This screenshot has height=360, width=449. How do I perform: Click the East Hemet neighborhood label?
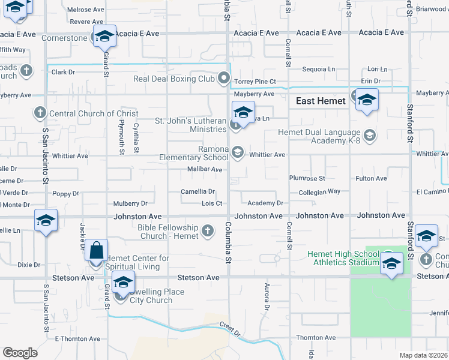click(321, 101)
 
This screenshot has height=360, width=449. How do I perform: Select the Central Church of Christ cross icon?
click(40, 113)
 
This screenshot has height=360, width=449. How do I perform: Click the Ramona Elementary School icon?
click(237, 153)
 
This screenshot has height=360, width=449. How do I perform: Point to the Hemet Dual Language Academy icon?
click(369, 136)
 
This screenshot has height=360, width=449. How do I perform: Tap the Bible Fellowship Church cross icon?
click(207, 231)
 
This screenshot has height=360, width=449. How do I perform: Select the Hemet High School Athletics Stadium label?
click(343, 258)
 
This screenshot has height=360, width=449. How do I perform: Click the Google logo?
click(20, 352)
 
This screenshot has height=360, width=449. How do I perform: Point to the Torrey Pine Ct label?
click(256, 81)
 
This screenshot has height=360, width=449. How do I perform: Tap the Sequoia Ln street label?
click(319, 69)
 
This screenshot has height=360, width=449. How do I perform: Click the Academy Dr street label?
click(265, 203)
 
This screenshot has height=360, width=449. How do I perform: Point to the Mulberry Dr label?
click(130, 203)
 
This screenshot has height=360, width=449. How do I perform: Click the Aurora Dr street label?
click(265, 295)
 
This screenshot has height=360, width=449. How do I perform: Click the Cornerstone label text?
click(65, 38)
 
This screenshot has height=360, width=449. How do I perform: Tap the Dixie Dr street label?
click(28, 265)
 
